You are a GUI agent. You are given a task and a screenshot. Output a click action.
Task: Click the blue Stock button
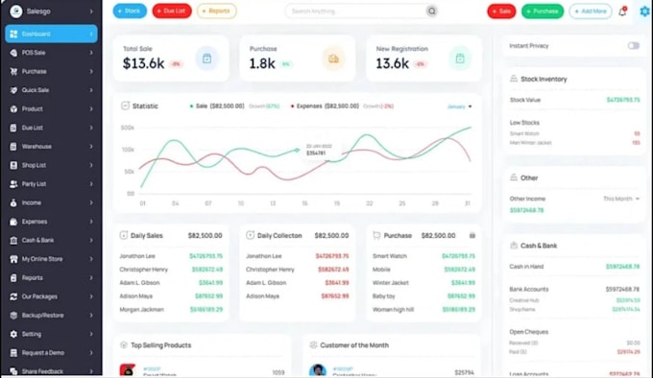click(130, 12)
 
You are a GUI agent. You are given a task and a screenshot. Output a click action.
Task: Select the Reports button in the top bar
click(216, 12)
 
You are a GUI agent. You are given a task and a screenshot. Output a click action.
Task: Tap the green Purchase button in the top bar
click(543, 12)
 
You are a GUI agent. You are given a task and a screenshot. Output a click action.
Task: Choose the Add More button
click(590, 12)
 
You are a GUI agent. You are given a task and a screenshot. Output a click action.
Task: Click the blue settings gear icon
click(644, 12)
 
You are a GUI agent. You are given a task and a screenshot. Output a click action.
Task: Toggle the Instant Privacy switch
click(634, 45)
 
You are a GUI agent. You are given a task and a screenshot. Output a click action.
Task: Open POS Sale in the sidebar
click(35, 52)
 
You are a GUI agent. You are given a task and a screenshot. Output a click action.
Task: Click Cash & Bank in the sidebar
click(37, 240)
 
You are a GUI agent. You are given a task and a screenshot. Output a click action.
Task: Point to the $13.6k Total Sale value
click(145, 63)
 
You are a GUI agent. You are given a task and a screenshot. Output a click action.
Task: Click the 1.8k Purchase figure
click(262, 63)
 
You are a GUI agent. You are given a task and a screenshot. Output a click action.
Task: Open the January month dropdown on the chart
click(458, 106)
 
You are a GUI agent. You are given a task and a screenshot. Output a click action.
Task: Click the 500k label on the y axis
click(127, 128)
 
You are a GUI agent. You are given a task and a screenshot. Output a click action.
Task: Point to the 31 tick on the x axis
click(468, 203)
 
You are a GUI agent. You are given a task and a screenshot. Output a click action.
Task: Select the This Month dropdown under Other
click(620, 199)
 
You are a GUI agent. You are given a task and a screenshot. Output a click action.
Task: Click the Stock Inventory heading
click(544, 80)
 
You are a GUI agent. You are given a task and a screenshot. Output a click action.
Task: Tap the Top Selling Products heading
click(160, 343)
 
